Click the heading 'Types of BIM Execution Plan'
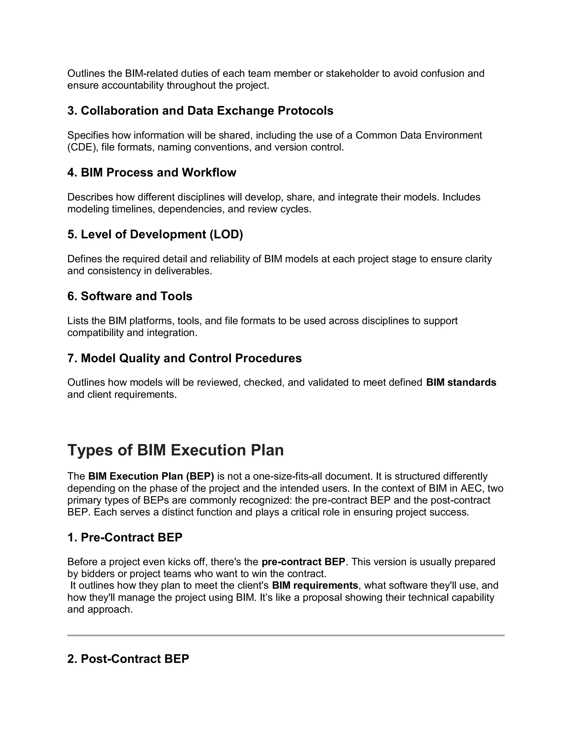[x=175, y=450]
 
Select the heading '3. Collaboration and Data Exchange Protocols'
[x=200, y=111]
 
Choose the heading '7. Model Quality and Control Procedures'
[x=184, y=358]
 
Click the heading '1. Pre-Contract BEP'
[x=125, y=537]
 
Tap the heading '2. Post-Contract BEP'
[x=128, y=659]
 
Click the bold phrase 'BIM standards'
[x=461, y=382]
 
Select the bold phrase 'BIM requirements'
[x=315, y=585]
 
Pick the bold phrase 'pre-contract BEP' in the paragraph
[x=303, y=562]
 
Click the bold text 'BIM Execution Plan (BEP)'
[x=151, y=476]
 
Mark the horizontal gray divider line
[x=286, y=636]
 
